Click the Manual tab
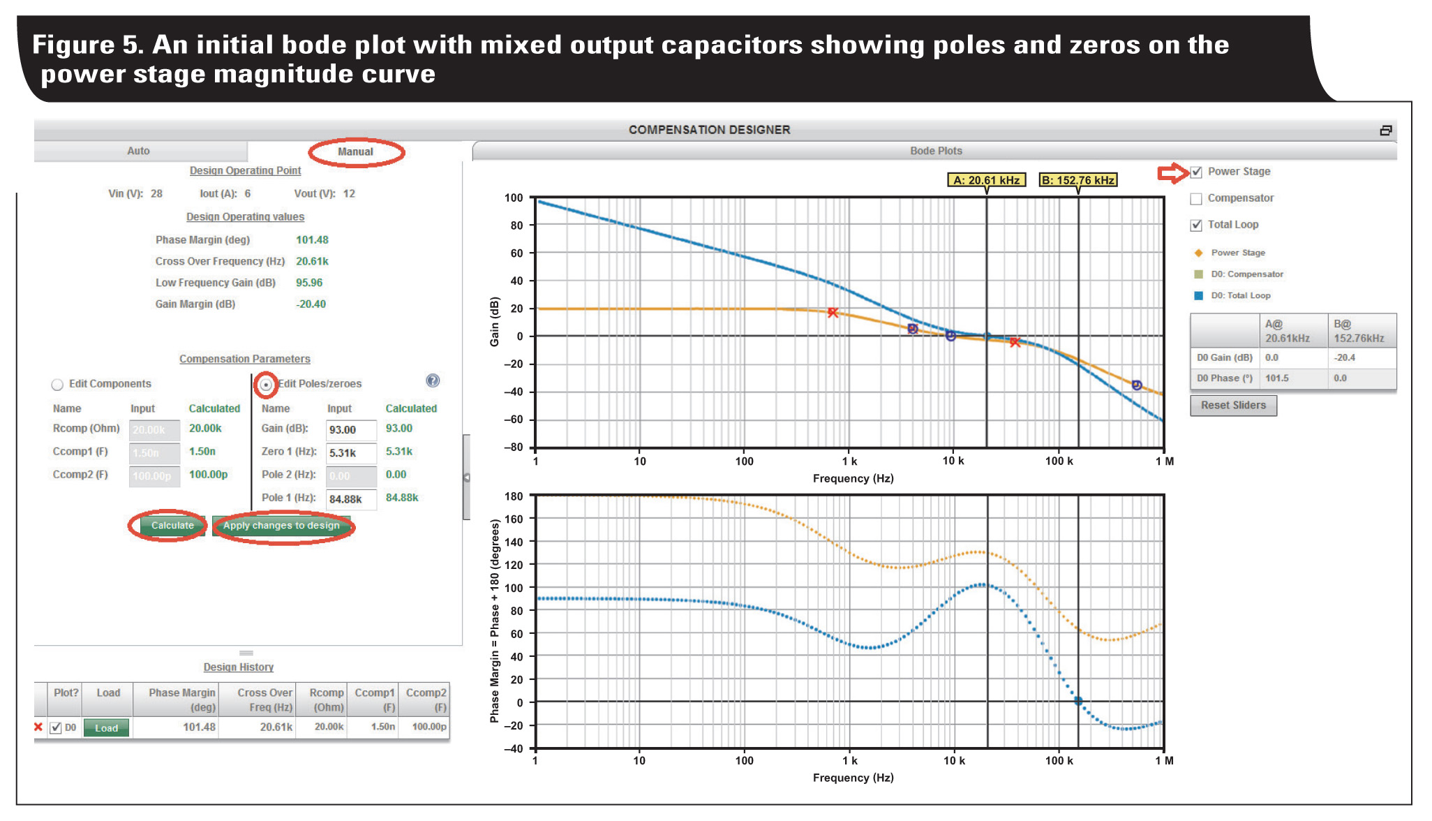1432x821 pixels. point(355,151)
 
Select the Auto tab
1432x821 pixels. point(138,151)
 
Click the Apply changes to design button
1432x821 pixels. point(281,526)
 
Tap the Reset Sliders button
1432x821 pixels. point(1233,406)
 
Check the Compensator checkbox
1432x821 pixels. point(1196,199)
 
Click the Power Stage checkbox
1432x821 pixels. point(1196,172)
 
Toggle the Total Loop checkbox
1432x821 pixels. point(1196,225)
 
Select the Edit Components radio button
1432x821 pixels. point(57,385)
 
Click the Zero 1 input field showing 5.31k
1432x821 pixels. point(351,453)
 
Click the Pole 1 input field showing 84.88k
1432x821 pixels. point(351,499)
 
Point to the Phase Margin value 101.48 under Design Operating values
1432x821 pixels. point(312,240)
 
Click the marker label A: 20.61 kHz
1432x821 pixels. point(986,180)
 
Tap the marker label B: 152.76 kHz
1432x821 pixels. point(1077,180)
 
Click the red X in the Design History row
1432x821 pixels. point(38,727)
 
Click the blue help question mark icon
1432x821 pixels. point(433,380)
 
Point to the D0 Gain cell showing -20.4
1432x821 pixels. point(1345,357)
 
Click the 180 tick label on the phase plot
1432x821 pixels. point(514,496)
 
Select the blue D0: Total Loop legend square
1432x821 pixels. point(1198,296)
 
